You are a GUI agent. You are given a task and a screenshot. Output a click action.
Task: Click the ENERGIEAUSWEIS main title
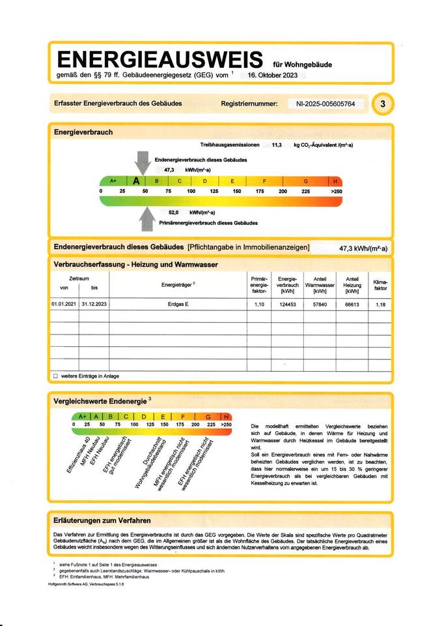[x=160, y=60]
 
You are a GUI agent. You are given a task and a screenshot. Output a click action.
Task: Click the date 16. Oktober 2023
[x=273, y=76]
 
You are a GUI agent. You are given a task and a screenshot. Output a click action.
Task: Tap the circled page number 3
[x=382, y=104]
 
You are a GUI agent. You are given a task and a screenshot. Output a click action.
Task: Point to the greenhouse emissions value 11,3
[x=277, y=145]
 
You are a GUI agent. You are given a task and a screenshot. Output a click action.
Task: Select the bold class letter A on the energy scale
[x=136, y=181]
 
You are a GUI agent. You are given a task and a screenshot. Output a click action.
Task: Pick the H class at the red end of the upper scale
[x=335, y=181]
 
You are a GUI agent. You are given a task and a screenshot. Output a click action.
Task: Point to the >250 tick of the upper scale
[x=336, y=191]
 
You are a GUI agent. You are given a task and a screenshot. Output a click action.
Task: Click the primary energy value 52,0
[x=174, y=213]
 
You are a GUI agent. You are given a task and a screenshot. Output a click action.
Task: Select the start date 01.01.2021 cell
[x=64, y=305]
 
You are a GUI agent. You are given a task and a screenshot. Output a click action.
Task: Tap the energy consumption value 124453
[x=287, y=305]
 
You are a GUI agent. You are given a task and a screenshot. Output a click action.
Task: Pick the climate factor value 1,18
[x=380, y=305]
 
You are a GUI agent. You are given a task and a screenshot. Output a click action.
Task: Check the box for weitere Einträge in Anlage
[x=55, y=376]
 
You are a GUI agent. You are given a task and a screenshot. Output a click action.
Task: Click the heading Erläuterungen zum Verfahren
[x=103, y=520]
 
